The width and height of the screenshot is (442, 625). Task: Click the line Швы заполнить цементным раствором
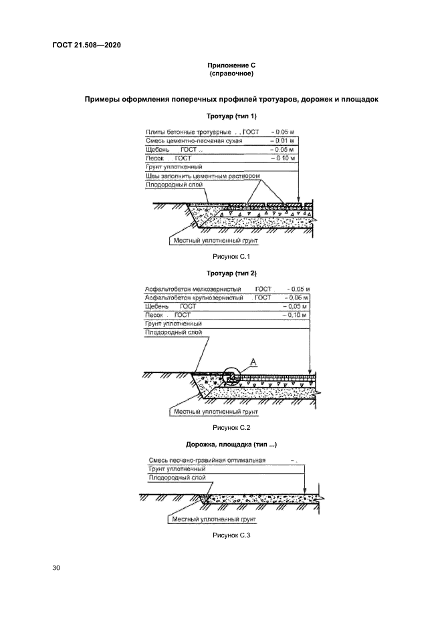(203, 176)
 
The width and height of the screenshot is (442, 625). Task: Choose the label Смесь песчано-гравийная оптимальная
(206, 461)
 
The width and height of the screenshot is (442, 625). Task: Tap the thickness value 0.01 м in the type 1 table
(284, 142)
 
